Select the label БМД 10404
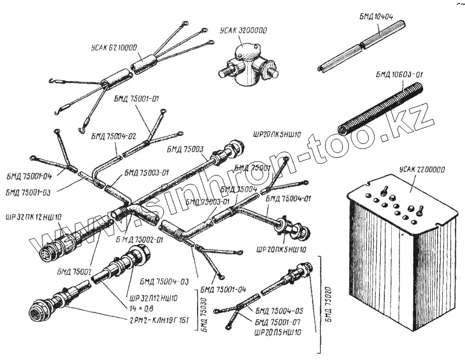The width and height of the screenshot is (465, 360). coord(376,17)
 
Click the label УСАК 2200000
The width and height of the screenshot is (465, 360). coord(422,170)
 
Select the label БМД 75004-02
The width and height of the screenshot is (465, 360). coord(113,136)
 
